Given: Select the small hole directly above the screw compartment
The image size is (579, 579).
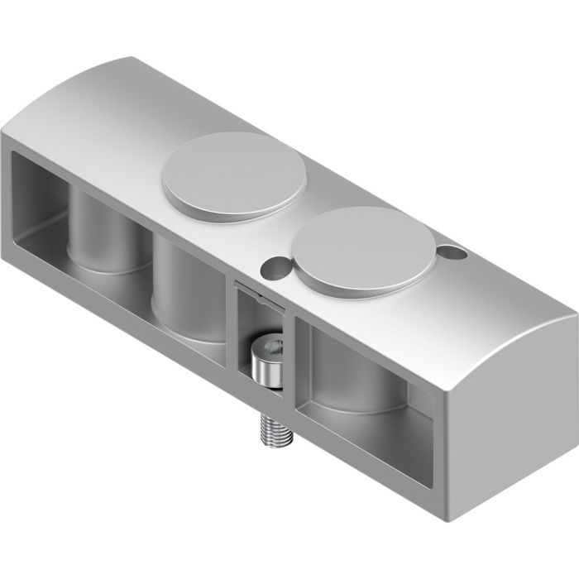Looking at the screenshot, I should pyautogui.click(x=272, y=267).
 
